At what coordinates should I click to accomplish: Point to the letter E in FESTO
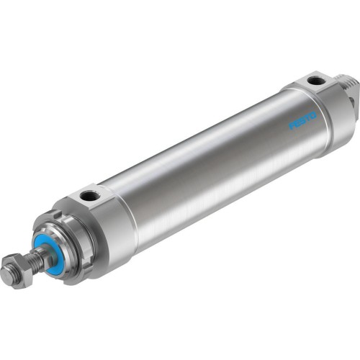tap(296, 122)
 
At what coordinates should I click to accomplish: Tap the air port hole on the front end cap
tap(89, 195)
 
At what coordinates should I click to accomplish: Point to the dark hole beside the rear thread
tap(353, 100)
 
